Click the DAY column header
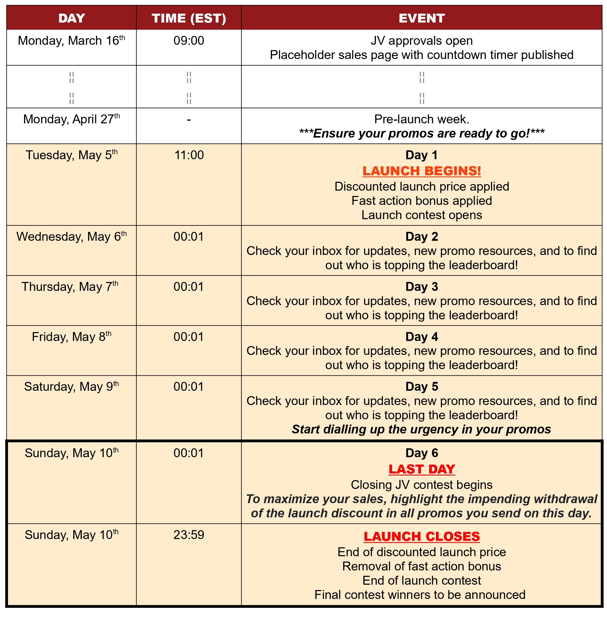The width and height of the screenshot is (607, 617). click(72, 18)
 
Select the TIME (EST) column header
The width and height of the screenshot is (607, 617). click(189, 18)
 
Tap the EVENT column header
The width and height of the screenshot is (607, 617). click(421, 18)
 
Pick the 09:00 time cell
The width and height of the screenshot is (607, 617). click(189, 41)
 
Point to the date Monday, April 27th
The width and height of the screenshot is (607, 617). click(71, 119)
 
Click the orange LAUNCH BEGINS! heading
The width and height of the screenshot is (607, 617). click(421, 171)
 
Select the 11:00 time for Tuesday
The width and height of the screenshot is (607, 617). click(189, 155)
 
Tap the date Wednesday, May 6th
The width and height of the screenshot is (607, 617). click(71, 237)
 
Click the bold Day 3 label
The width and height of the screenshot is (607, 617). click(421, 287)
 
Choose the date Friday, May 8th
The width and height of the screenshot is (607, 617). click(71, 337)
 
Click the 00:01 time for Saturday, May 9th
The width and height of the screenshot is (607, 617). click(189, 387)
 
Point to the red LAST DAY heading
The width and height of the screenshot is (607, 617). click(421, 469)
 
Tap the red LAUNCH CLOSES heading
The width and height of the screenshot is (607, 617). click(421, 537)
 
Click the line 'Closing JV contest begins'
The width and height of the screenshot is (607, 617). click(421, 485)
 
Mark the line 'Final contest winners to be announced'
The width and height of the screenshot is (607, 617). click(420, 595)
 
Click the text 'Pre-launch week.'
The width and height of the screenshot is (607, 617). click(421, 119)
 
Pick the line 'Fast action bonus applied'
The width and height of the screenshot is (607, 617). click(421, 201)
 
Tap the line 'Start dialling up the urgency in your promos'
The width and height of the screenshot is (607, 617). click(421, 429)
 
